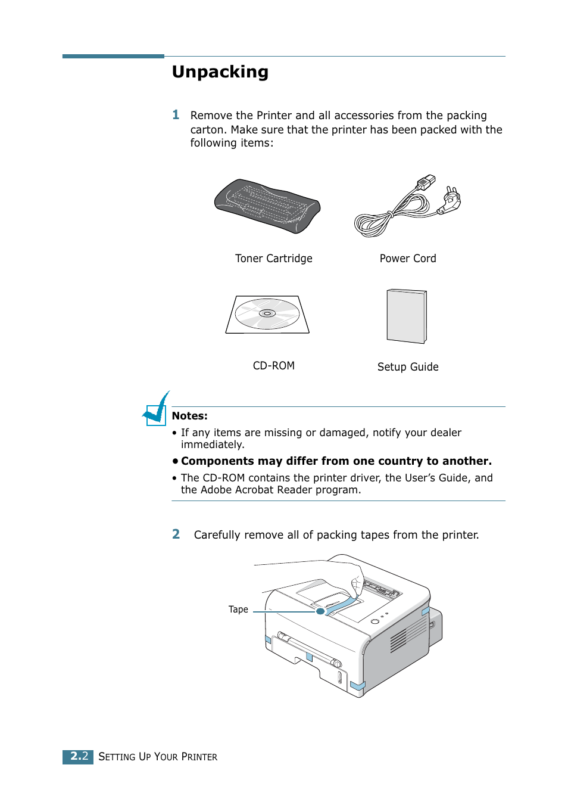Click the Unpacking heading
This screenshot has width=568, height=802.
(220, 72)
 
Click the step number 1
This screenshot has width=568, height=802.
(176, 115)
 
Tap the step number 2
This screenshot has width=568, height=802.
(176, 534)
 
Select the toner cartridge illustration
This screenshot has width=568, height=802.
(267, 206)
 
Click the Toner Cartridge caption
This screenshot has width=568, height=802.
(273, 259)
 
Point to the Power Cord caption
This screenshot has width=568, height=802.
(407, 259)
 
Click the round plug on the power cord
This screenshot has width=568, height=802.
(451, 201)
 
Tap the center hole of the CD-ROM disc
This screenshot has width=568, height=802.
(267, 313)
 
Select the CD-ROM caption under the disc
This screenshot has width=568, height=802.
(273, 366)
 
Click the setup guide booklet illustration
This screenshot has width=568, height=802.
(407, 316)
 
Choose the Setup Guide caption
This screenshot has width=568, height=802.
(407, 367)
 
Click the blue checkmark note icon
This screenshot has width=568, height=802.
(156, 410)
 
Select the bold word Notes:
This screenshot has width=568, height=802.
(189, 416)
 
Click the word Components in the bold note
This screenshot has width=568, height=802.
(217, 461)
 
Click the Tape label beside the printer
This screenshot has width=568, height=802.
(238, 610)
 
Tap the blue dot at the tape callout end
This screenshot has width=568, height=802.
(320, 611)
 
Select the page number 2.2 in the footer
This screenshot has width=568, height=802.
(79, 756)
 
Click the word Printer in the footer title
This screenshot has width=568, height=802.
(199, 757)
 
